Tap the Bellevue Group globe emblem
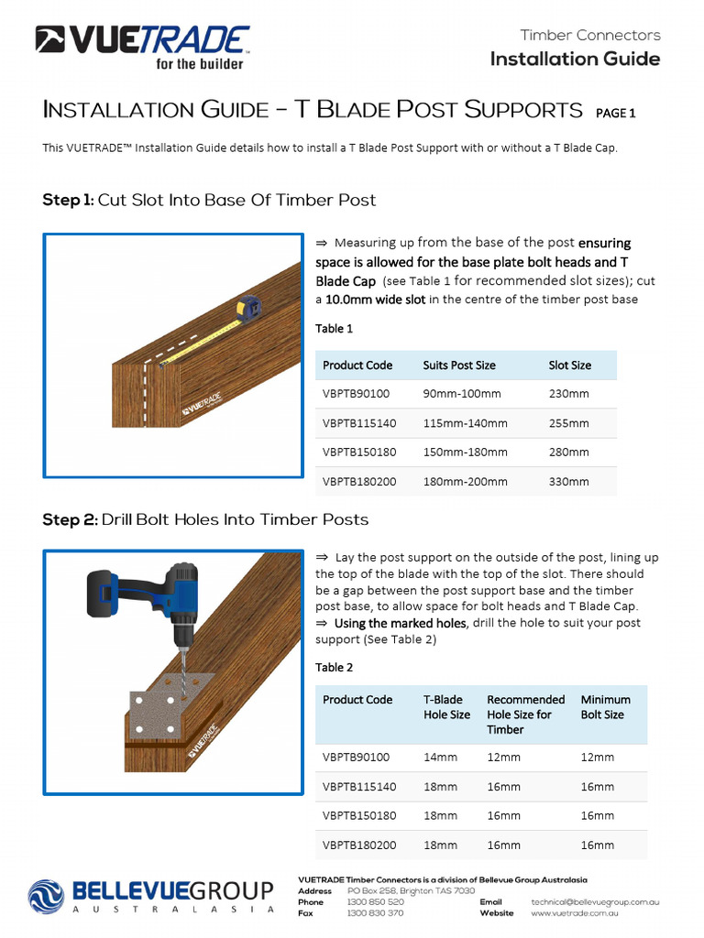point(46,895)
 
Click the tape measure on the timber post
point(247,310)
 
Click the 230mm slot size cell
point(568,394)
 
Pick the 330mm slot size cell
point(568,481)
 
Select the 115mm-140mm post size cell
point(465,423)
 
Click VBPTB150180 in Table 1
point(359,453)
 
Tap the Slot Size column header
point(569,365)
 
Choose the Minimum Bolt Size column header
point(605,707)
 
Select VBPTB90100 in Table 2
point(356,758)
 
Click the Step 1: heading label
point(68,200)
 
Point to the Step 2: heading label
point(70,519)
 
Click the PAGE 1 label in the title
point(615,114)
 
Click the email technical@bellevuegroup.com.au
point(595,902)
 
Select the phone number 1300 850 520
point(376,902)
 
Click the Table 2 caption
point(334,667)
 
